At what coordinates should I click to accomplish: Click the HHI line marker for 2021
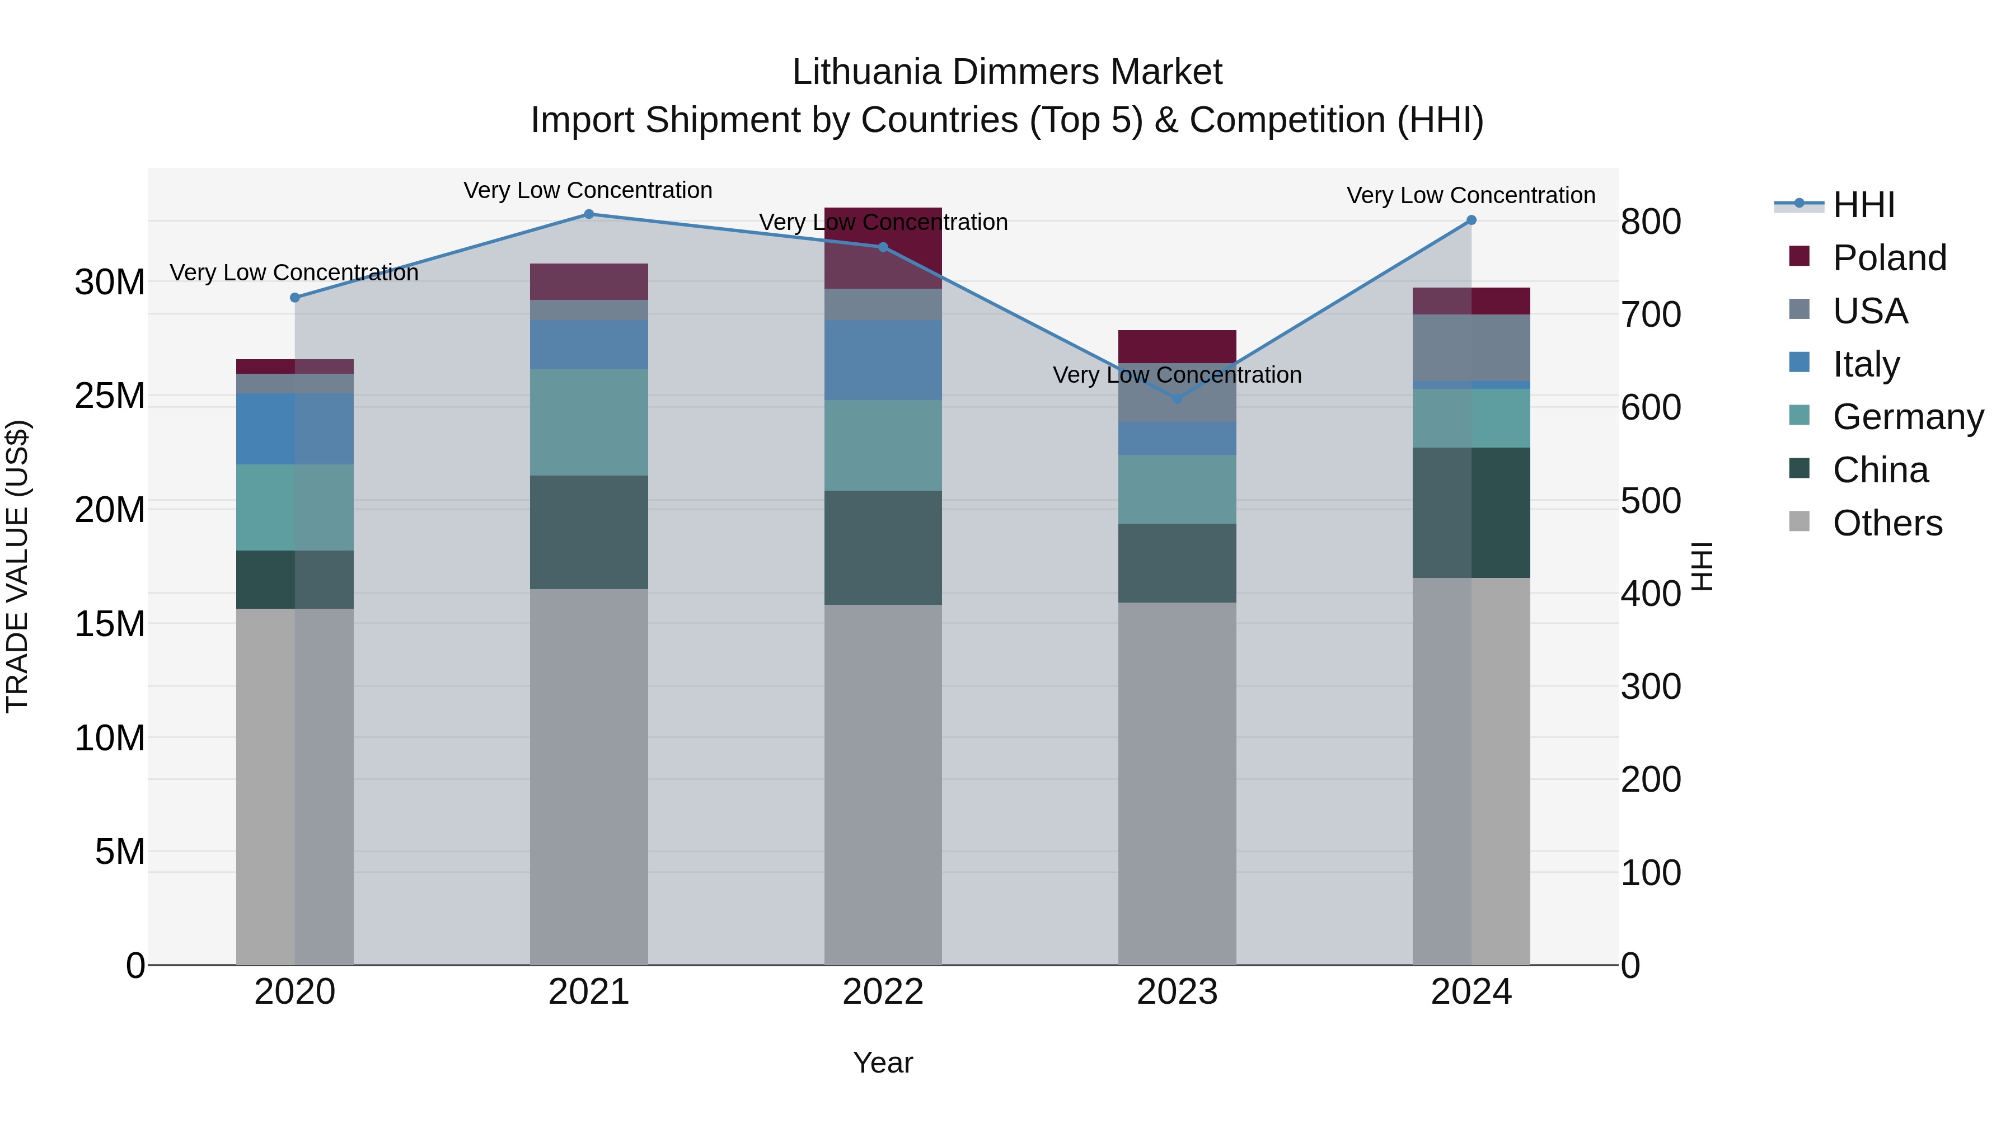[589, 214]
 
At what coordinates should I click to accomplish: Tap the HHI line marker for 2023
[1177, 399]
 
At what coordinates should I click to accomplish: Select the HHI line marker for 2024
[1472, 220]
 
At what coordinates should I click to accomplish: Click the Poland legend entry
[1889, 258]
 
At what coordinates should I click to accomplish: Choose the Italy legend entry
[1866, 364]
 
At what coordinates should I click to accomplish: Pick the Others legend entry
[1887, 523]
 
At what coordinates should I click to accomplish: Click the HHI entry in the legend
[1863, 205]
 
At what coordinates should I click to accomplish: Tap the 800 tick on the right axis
[1651, 222]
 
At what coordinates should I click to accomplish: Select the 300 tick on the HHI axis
[1651, 687]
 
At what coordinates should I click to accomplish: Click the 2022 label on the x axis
[883, 992]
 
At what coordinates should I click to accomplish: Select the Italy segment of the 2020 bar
[295, 429]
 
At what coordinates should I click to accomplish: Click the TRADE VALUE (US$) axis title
[17, 566]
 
